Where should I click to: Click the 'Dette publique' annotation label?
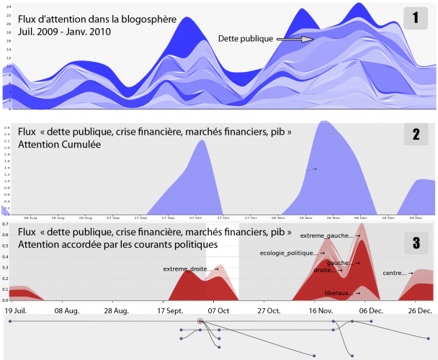pyautogui.click(x=249, y=36)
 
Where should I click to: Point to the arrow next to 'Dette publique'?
pyautogui.click(x=295, y=40)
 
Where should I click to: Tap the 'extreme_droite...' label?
pyautogui.click(x=189, y=269)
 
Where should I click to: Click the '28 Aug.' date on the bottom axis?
pyautogui.click(x=116, y=310)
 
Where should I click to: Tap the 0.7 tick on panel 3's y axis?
pyautogui.click(x=5, y=225)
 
